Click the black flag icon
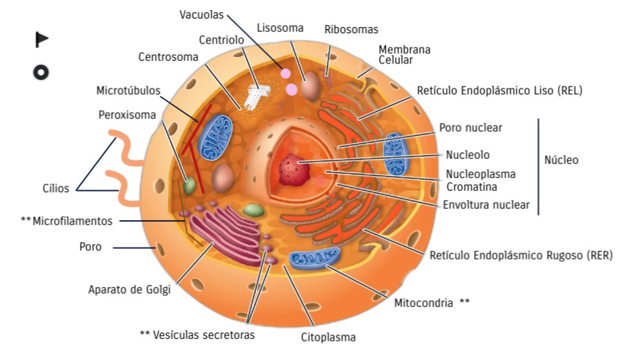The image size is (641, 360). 41,40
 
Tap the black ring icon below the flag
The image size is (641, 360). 41,72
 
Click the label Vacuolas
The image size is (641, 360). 201,14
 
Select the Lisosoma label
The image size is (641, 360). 280,28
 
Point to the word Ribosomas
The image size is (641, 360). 351,29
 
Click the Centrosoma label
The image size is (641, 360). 169,57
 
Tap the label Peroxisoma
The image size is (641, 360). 127,115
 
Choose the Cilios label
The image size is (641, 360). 56,188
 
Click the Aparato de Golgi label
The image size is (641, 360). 129,290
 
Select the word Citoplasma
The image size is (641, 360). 328,337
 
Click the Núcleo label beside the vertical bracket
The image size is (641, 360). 561,160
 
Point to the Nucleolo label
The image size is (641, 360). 468,154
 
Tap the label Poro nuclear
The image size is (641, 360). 470,128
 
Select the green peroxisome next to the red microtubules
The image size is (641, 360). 189,186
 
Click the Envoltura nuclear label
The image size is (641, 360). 487,205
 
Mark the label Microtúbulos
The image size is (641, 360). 128,90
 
